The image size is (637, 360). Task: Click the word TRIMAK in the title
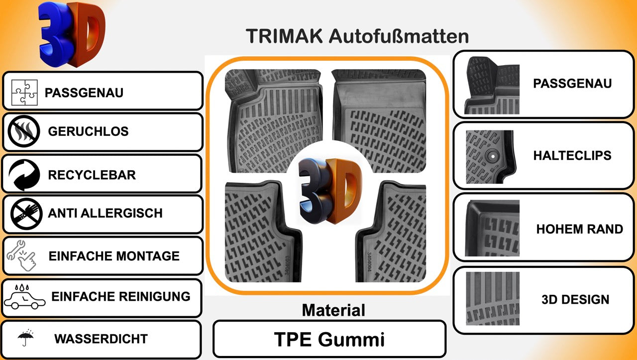pyautogui.click(x=284, y=36)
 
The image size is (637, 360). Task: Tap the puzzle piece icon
pyautogui.click(x=24, y=93)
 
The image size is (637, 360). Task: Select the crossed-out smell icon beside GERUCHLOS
pyautogui.click(x=24, y=131)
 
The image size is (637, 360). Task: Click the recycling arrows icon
pyautogui.click(x=24, y=174)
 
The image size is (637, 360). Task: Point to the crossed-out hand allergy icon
pyautogui.click(x=26, y=214)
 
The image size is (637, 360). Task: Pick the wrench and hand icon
pyautogui.click(x=21, y=255)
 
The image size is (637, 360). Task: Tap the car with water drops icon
pyautogui.click(x=24, y=297)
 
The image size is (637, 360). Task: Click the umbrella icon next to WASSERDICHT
pyautogui.click(x=26, y=338)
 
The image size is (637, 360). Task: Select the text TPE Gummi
pyautogui.click(x=329, y=340)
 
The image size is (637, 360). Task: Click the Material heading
pyautogui.click(x=333, y=310)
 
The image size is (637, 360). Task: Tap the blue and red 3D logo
pyautogui.click(x=72, y=35)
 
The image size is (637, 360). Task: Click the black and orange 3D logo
pyautogui.click(x=330, y=190)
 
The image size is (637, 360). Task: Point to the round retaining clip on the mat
pyautogui.click(x=493, y=156)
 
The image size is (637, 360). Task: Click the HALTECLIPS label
pyautogui.click(x=572, y=156)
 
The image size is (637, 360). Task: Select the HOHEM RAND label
pyautogui.click(x=580, y=229)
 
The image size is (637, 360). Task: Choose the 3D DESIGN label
pyautogui.click(x=575, y=299)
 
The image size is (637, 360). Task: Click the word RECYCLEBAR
pyautogui.click(x=92, y=175)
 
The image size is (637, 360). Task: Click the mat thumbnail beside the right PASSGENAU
pyautogui.click(x=492, y=85)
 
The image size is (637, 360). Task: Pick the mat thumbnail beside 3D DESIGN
pyautogui.click(x=493, y=299)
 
